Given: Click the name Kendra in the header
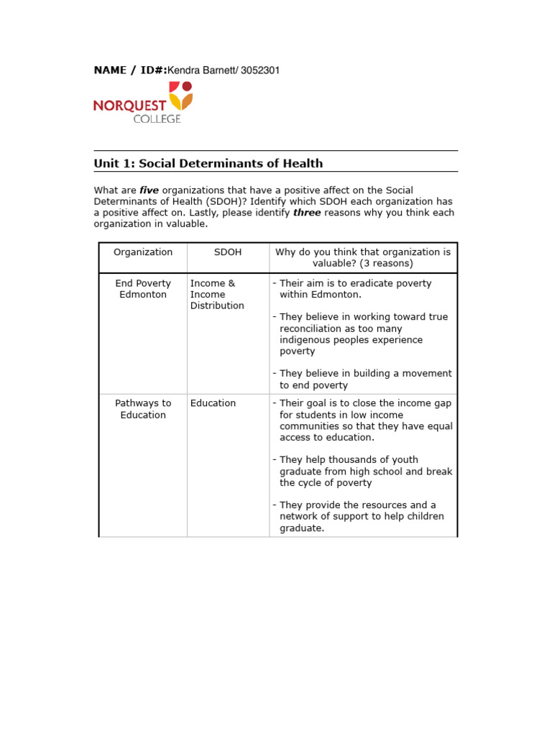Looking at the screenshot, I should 184,70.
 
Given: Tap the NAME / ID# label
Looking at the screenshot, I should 130,70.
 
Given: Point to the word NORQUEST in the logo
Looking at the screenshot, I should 129,106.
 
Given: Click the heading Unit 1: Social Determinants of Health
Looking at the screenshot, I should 208,163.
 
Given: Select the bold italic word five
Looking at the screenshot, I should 149,190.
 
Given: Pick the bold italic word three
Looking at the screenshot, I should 307,213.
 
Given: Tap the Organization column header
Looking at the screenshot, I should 143,252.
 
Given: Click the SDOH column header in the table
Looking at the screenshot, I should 228,252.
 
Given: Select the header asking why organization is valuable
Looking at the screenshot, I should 363,257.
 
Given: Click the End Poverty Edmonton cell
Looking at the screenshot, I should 143,289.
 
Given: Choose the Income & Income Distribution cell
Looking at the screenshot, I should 216,295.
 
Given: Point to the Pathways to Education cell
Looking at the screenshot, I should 143,409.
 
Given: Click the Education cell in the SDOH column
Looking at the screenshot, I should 213,403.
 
